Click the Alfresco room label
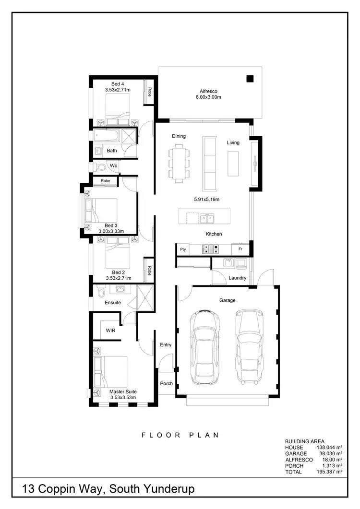tap(209, 91)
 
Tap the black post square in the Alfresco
tap(250, 79)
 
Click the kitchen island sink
tap(207, 219)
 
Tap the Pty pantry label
tap(183, 249)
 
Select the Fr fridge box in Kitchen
tap(240, 249)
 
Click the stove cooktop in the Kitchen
tap(211, 249)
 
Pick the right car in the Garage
tap(249, 347)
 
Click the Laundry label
tap(238, 278)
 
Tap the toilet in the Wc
tap(100, 166)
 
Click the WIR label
tap(110, 330)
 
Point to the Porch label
tap(167, 383)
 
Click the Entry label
tap(166, 345)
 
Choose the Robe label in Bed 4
tap(150, 92)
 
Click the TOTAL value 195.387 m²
tap(330, 472)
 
